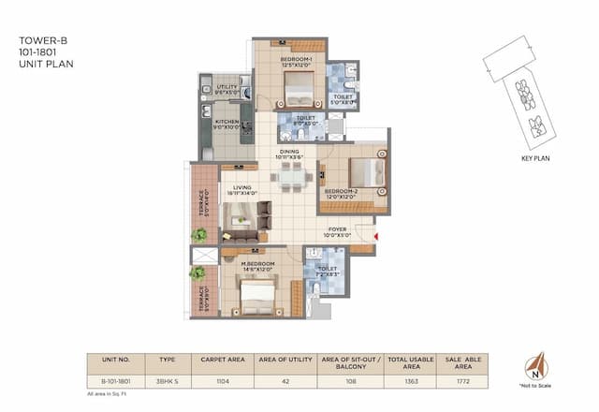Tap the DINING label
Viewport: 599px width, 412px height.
[x=289, y=154]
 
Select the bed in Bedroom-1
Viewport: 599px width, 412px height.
[x=299, y=92]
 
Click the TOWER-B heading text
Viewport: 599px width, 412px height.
[x=38, y=41]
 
